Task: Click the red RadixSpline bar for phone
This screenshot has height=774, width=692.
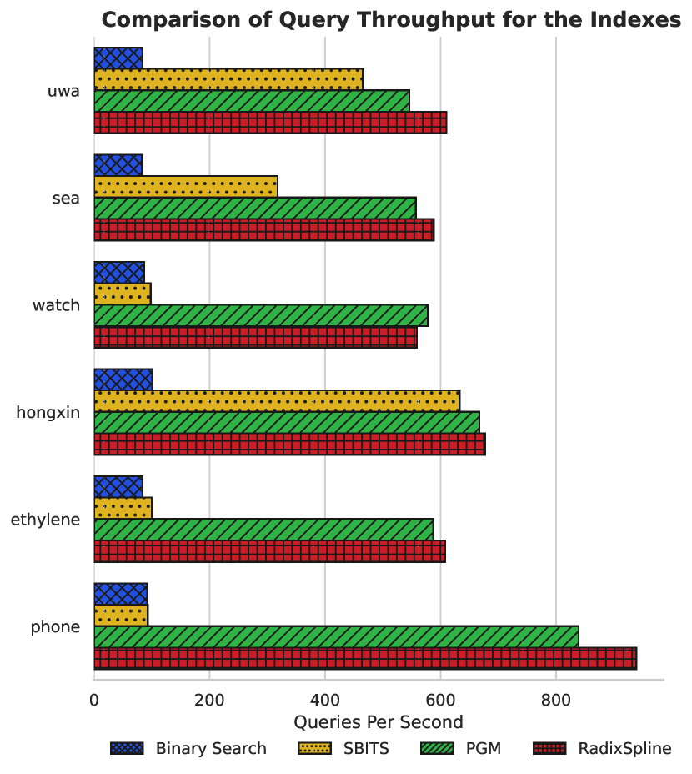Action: coord(364,658)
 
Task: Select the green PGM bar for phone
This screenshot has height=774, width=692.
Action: coord(336,636)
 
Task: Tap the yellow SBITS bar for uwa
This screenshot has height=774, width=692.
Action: coord(228,79)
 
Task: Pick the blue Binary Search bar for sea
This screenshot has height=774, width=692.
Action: coord(118,165)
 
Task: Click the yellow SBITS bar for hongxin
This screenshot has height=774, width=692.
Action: coord(277,400)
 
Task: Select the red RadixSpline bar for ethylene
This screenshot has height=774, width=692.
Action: coord(269,551)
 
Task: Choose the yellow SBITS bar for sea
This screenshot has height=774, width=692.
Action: coord(185,187)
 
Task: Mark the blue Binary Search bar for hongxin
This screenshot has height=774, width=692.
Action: coord(123,379)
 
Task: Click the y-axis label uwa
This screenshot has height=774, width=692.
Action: coord(64,91)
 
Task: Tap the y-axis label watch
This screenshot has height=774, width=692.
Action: coord(56,305)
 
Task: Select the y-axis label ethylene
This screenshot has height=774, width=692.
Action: coord(45,520)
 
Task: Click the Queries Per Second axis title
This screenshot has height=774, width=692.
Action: coord(379,721)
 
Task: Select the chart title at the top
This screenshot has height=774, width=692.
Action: coord(390,19)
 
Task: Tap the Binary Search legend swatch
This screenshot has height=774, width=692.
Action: coord(127,748)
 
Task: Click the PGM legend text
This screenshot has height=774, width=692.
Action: coord(484,748)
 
